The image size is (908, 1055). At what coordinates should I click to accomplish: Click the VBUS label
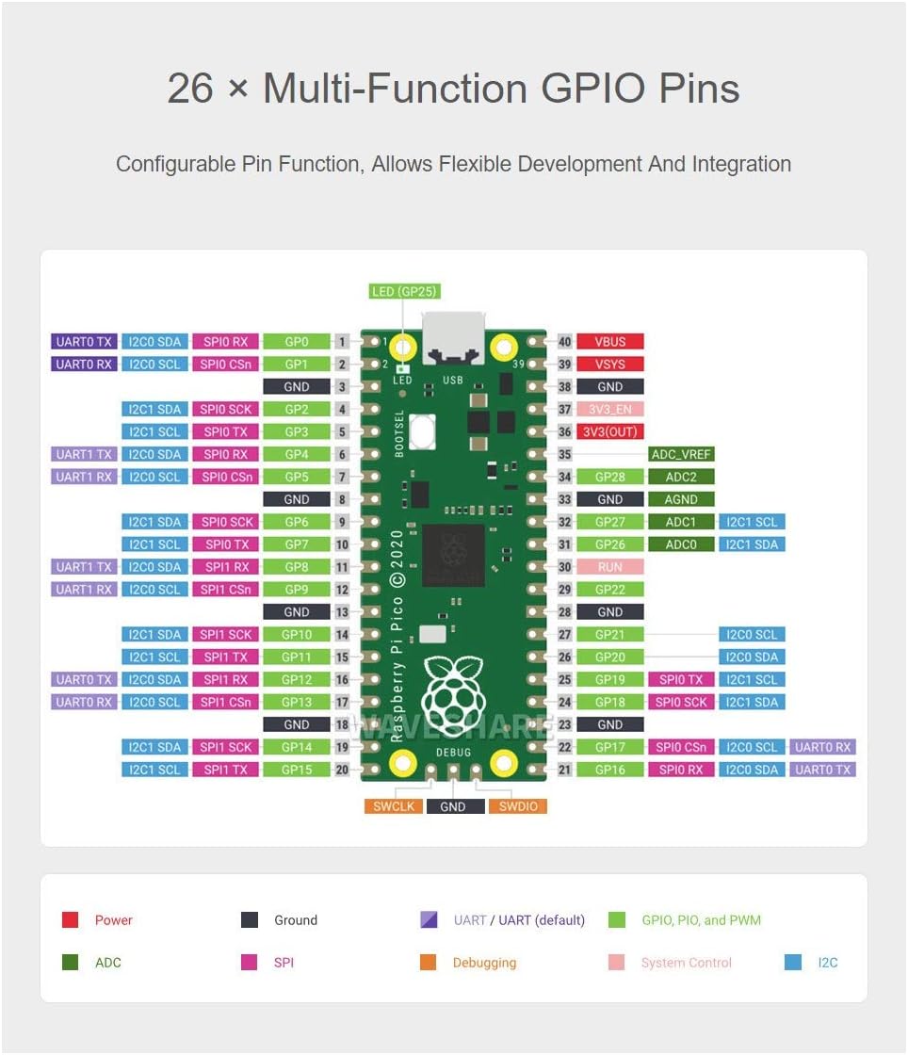609,341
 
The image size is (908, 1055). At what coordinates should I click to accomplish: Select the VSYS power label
609,364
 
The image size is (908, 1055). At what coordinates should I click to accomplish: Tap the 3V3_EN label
609,409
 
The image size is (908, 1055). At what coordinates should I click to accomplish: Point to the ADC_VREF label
681,454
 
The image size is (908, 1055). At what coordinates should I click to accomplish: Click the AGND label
681,499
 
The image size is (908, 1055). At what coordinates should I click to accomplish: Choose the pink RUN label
609,567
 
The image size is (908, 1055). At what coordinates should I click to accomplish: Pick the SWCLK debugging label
394,806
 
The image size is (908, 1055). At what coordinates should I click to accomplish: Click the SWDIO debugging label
517,806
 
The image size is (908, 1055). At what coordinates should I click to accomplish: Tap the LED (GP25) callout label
405,292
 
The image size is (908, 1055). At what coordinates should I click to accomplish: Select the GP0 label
296,341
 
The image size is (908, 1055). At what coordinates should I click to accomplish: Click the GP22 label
609,590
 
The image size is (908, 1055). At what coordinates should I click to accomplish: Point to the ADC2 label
681,477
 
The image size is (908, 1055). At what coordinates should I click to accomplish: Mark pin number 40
564,341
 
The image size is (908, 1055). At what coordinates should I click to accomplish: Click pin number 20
342,770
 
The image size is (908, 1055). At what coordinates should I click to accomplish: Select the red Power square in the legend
70,920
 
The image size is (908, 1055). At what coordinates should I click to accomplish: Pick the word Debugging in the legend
484,963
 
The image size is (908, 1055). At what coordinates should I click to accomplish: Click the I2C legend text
827,963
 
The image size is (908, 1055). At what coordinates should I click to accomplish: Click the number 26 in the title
191,89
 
